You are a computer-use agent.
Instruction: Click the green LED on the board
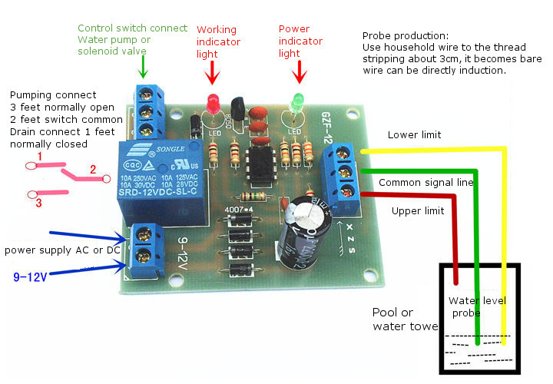296,102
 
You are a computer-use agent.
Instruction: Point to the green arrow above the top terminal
144,69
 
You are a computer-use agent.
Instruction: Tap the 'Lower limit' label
414,134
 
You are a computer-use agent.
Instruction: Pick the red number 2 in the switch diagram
93,169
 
